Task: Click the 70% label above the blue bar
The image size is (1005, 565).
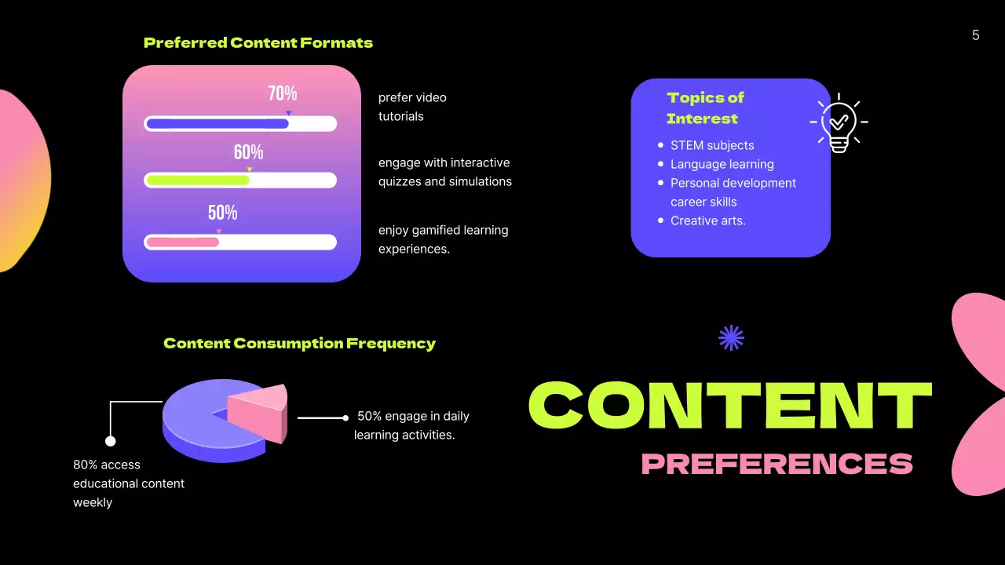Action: [283, 94]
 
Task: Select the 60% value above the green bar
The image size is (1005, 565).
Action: [248, 153]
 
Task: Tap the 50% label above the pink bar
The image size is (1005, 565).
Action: [222, 213]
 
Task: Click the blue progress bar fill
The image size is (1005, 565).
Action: [217, 124]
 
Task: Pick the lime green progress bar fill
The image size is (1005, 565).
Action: [197, 180]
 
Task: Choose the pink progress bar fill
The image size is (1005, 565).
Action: [182, 242]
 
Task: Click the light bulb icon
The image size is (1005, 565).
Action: [839, 123]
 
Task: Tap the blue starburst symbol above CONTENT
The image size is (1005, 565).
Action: [731, 338]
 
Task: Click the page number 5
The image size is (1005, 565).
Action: [975, 35]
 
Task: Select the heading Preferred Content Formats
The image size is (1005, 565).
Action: [258, 43]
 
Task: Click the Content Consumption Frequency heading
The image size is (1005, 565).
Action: [299, 344]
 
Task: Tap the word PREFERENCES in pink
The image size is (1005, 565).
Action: [777, 464]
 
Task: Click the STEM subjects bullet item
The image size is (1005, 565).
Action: [711, 145]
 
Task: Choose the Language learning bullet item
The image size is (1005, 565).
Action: [722, 164]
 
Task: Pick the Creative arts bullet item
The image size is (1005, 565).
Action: [707, 221]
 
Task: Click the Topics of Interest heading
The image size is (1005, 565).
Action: [704, 108]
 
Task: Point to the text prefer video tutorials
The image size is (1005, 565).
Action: [412, 107]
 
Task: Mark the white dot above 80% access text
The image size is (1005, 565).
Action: [111, 441]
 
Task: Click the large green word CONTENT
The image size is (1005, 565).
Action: [729, 405]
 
